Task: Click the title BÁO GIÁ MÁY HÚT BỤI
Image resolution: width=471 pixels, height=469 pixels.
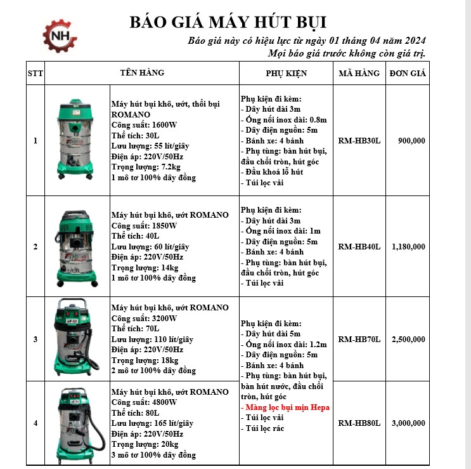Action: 228,22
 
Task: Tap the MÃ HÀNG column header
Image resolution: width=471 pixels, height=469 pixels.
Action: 359,73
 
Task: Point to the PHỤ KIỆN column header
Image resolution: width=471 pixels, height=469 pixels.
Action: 286,73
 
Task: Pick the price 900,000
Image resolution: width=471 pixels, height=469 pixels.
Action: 411,141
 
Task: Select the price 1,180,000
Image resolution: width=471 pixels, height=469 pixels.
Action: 408,246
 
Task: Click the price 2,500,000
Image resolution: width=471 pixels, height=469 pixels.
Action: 408,340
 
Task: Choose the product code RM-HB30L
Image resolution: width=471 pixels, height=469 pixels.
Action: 359,141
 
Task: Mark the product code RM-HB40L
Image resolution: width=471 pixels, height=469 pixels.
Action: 359,246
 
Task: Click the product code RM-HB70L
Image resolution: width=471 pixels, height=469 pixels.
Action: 359,340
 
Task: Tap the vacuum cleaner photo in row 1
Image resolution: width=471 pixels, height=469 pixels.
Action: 77,140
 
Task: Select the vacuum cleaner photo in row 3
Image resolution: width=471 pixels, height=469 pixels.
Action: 77,338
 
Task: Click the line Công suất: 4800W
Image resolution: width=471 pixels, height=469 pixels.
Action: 144,402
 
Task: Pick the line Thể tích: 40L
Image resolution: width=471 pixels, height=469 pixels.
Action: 132,235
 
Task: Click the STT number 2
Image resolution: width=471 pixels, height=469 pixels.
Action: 35,246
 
